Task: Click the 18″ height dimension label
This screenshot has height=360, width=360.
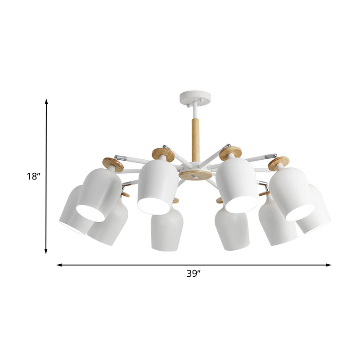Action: pyautogui.click(x=33, y=176)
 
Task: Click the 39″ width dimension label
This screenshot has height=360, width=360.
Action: pyautogui.click(x=194, y=274)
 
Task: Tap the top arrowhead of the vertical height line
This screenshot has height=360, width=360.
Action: pyautogui.click(x=46, y=102)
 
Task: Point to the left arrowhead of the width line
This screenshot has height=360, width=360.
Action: pyautogui.click(x=59, y=265)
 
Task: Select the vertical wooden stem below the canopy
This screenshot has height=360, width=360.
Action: pyautogui.click(x=195, y=139)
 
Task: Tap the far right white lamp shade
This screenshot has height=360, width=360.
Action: pyautogui.click(x=315, y=211)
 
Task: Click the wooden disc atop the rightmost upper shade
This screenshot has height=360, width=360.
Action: pyautogui.click(x=279, y=163)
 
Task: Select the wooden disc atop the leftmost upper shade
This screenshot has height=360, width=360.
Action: pyautogui.click(x=112, y=164)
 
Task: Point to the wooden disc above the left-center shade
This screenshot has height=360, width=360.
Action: pyautogui.click(x=163, y=154)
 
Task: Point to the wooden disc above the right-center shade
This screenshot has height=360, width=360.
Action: pyautogui.click(x=230, y=153)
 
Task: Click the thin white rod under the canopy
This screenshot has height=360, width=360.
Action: pyautogui.click(x=194, y=110)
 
